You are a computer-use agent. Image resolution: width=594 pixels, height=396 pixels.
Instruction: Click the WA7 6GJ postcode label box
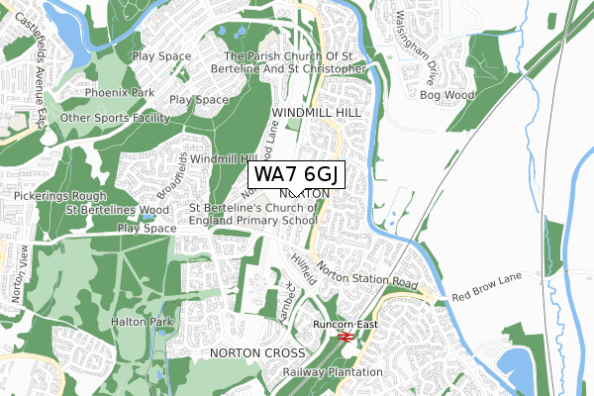tap(296, 174)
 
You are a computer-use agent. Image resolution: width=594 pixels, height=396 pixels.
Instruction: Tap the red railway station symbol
tap(346, 339)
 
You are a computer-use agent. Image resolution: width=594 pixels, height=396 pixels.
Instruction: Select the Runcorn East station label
tap(346, 324)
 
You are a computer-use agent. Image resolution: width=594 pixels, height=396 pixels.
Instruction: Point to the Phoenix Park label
tap(119, 93)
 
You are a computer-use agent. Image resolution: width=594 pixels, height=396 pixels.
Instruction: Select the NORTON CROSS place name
tap(248, 352)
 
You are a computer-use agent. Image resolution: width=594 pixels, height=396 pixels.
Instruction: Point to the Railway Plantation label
tap(332, 372)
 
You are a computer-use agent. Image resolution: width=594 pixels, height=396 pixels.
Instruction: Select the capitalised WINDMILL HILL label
tap(316, 116)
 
